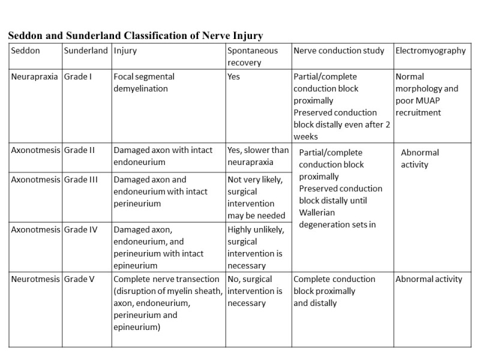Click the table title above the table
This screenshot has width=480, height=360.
pyautogui.click(x=135, y=36)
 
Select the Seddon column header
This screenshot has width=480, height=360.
pyautogui.click(x=26, y=50)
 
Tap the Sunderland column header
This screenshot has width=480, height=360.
pyautogui.click(x=86, y=50)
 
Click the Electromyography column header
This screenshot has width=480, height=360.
pyautogui.click(x=430, y=50)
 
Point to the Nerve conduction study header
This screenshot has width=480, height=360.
pyautogui.click(x=339, y=50)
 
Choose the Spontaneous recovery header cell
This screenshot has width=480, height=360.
pyautogui.click(x=253, y=56)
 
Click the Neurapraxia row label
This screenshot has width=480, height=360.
pyautogui.click(x=35, y=77)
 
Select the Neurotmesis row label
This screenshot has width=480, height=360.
pyautogui.click(x=35, y=279)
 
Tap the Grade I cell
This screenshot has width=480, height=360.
pyautogui.click(x=77, y=77)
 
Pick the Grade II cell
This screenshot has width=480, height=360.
pyautogui.click(x=79, y=150)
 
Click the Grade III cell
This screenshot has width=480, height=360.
pyautogui.click(x=80, y=179)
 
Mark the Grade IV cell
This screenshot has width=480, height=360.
pyautogui.click(x=80, y=229)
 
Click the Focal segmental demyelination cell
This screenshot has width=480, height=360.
pyautogui.click(x=144, y=83)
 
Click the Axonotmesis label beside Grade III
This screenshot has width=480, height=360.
pyautogui.click(x=35, y=179)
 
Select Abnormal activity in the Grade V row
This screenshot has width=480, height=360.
pyautogui.click(x=429, y=279)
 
